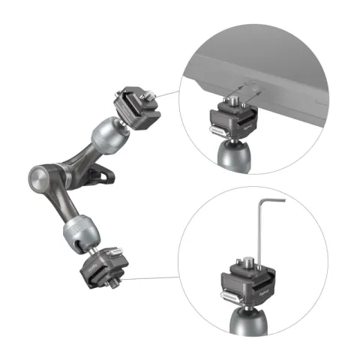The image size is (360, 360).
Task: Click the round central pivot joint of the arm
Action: tap(40, 178)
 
